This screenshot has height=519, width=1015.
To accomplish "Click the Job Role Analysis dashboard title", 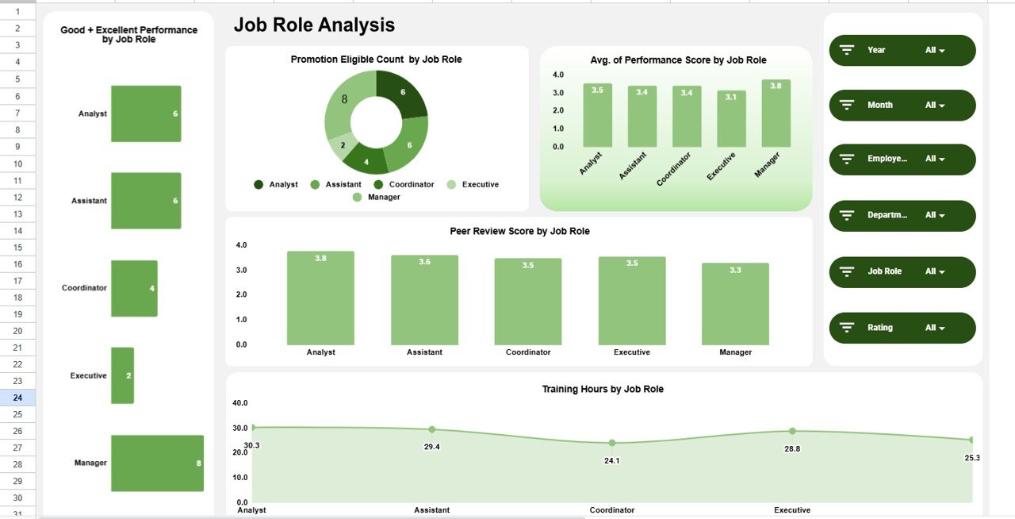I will tap(314, 25).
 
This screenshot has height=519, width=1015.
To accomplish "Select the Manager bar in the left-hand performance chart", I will tap(157, 463).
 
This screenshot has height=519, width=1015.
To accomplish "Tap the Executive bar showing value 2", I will tap(122, 375).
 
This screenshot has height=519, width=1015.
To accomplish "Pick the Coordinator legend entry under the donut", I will tap(405, 184).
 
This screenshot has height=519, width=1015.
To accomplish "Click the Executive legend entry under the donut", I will tap(473, 184).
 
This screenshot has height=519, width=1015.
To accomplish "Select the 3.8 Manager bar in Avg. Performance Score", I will tap(776, 113).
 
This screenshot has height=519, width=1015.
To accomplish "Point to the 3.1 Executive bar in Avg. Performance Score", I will tap(731, 119).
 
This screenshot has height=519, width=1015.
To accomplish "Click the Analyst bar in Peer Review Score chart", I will tap(320, 298).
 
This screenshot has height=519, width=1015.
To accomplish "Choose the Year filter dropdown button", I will tap(902, 50).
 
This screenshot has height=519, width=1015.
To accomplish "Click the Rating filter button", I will tap(902, 328).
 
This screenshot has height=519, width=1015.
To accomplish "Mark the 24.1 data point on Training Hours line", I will tap(612, 443).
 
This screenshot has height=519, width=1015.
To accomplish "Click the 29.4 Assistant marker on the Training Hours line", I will tap(432, 429).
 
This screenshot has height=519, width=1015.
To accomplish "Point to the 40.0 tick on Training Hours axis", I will tap(240, 403).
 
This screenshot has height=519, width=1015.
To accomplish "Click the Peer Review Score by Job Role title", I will tap(519, 231).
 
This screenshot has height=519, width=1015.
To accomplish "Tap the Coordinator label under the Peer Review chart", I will tap(528, 352).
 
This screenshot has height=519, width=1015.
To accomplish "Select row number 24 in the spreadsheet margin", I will tap(17, 398).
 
